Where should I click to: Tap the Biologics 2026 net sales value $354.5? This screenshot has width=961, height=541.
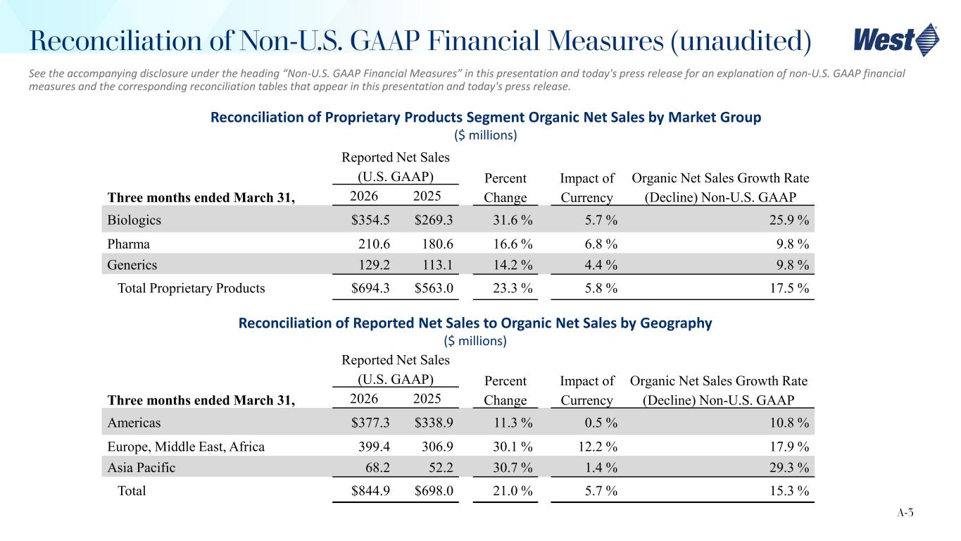click(371, 220)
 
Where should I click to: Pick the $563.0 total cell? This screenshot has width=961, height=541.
click(433, 287)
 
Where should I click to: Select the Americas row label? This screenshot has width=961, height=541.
click(134, 423)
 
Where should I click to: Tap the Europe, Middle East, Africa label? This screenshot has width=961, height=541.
click(186, 447)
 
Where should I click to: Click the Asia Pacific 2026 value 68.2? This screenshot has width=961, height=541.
click(378, 468)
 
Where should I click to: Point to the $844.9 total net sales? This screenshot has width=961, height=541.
click(371, 490)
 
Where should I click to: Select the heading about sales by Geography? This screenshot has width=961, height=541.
click(475, 323)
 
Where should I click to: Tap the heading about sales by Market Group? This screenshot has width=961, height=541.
click(486, 118)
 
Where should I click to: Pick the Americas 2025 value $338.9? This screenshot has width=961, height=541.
click(433, 423)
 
